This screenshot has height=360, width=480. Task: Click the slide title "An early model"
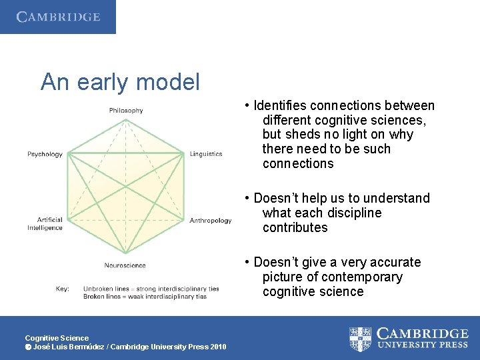click(x=120, y=82)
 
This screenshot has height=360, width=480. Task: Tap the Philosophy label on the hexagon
click(x=126, y=111)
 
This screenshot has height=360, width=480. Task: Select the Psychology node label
click(x=45, y=154)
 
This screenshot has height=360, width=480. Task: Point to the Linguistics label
click(x=206, y=154)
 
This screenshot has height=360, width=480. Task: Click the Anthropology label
click(x=211, y=221)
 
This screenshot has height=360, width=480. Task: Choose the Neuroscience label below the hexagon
click(x=125, y=265)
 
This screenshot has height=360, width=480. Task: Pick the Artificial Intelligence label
click(x=45, y=224)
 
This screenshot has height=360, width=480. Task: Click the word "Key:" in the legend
click(x=63, y=289)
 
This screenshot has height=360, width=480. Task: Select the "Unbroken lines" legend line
click(x=151, y=289)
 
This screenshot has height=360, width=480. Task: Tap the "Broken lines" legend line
click(x=145, y=297)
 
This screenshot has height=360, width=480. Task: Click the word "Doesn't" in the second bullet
click(x=276, y=199)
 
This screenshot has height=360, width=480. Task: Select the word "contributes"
click(x=295, y=228)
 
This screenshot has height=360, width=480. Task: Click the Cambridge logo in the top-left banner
click(x=58, y=17)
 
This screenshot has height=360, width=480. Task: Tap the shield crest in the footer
click(x=361, y=338)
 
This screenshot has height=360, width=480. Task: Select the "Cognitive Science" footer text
click(x=57, y=338)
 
